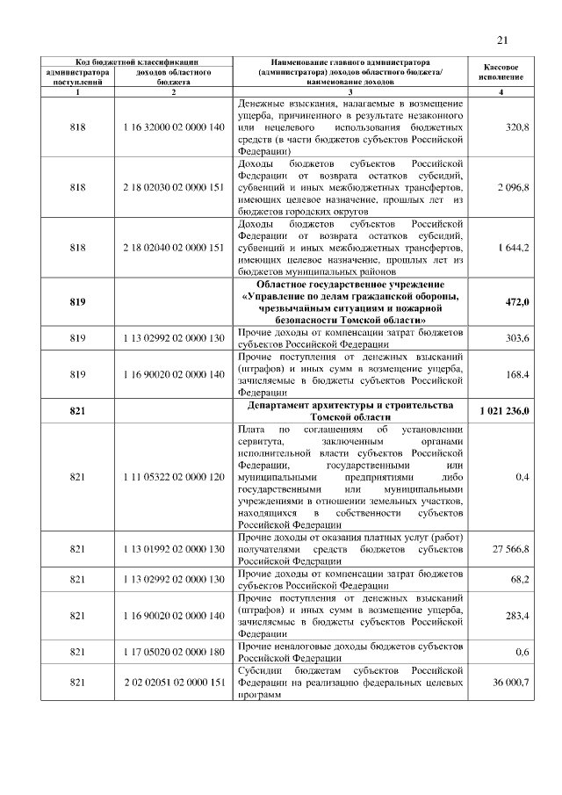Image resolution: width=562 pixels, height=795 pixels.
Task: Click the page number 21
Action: (x=502, y=40)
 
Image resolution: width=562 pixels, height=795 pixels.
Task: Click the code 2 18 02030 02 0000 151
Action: (x=174, y=187)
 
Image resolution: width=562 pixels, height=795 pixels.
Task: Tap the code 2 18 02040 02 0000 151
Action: (x=174, y=248)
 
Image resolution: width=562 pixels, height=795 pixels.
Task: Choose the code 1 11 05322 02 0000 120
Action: (x=174, y=476)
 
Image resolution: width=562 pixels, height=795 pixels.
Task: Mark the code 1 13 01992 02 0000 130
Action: (x=174, y=549)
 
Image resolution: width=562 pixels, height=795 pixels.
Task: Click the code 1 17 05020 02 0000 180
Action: (x=174, y=652)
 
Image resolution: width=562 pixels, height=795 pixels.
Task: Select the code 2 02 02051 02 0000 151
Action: (x=174, y=683)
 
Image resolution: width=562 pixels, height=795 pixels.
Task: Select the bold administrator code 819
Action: (x=77, y=303)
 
